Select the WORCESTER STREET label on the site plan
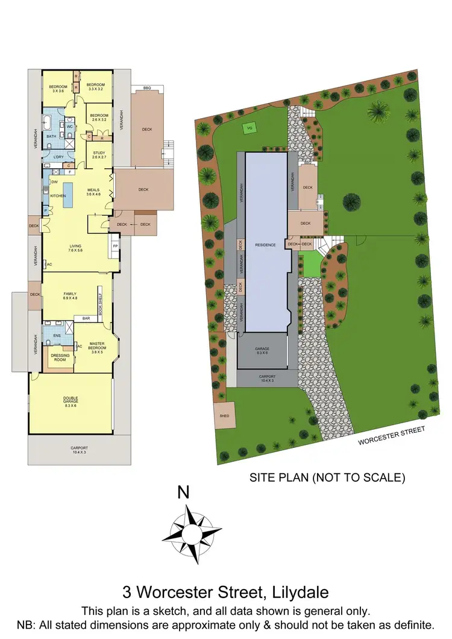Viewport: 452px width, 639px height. (392, 435)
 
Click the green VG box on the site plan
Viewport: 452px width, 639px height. (248, 128)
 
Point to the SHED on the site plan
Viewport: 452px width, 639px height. (224, 415)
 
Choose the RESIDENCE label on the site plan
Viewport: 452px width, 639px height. (265, 245)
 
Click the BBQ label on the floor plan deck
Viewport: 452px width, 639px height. (147, 89)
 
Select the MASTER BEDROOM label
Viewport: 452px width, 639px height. (97, 347)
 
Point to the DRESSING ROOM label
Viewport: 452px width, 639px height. (61, 357)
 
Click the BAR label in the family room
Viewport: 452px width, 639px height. (86, 318)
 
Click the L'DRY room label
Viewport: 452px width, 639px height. (58, 157)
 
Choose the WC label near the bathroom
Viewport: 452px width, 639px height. (70, 127)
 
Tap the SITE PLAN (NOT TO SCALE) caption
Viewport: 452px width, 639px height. (326, 478)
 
